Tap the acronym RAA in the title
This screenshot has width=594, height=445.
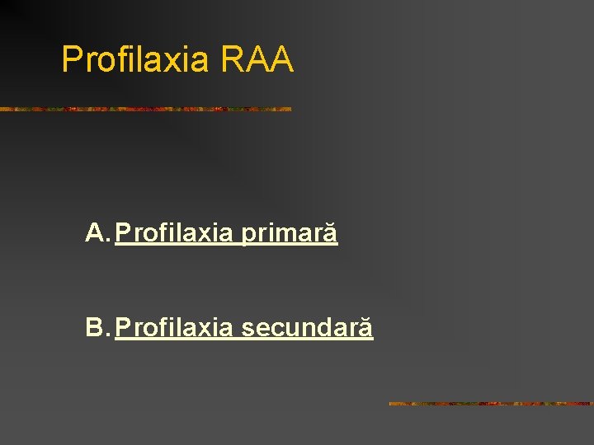tap(257, 59)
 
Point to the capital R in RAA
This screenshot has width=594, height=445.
tap(232, 59)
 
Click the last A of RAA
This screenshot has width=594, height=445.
tap(281, 59)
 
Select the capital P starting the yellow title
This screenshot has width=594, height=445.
tap(72, 59)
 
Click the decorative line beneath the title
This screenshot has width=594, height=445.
tap(145, 109)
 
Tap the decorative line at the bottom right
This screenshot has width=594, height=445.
tap(490, 404)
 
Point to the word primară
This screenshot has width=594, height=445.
tap(289, 234)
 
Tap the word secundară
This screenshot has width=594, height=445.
tap(307, 329)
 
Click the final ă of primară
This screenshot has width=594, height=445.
tap(330, 235)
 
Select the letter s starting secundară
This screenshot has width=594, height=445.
tap(247, 330)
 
